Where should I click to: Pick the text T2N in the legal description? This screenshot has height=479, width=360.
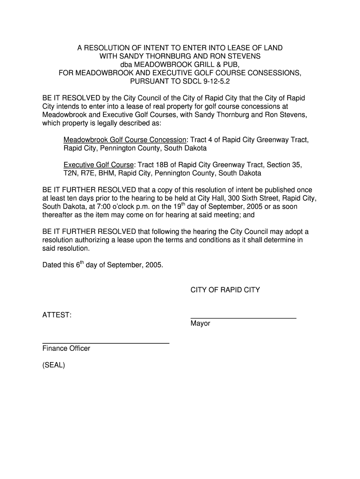tap(70, 174)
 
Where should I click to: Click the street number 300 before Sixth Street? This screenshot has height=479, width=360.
tap(228, 198)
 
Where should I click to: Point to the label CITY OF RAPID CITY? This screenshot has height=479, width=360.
tap(225, 290)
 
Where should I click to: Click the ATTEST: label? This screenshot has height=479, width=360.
tap(57, 315)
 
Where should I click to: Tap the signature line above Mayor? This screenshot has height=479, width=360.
tap(243, 318)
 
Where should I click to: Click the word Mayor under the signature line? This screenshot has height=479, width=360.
tap(200, 324)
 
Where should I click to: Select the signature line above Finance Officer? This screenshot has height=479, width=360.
tap(106, 343)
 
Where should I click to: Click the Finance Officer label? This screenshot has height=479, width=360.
tap(66, 348)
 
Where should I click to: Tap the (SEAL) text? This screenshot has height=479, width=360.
tap(54, 365)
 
